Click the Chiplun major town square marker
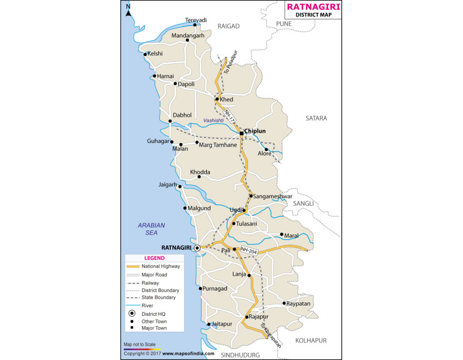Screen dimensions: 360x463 241,134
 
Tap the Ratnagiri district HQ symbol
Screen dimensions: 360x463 197,248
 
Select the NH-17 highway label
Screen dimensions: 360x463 228,117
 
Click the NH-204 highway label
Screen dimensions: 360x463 247,250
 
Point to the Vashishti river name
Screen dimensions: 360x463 213,120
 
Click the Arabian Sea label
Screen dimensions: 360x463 151,229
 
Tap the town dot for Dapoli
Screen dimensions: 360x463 175,84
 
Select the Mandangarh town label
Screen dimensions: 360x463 188,35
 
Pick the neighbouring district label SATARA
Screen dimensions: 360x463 316,118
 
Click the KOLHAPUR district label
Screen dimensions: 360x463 311,340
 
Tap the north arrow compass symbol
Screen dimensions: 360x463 129,10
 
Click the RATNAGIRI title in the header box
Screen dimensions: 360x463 313,7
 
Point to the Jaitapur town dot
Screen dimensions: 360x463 208,325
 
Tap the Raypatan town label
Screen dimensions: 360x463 300,304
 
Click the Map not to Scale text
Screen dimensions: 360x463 139,344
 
